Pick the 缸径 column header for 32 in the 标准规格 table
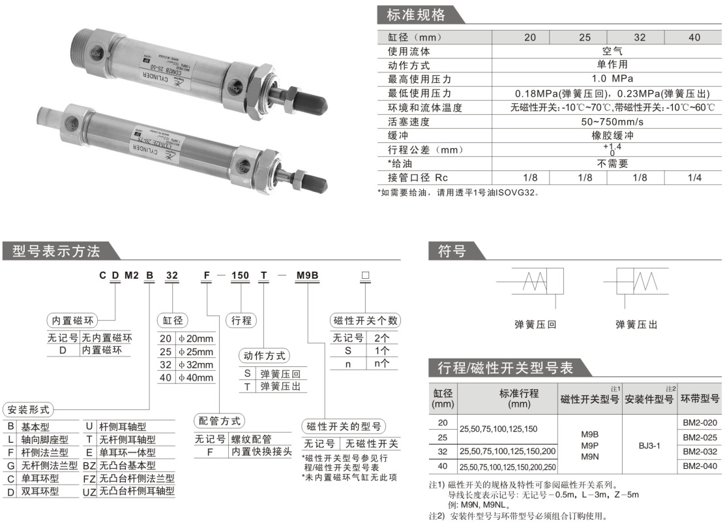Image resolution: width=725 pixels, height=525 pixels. coord(640,37)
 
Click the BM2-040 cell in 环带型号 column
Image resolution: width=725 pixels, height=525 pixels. coord(700,466)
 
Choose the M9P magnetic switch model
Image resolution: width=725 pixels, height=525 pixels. coord(589,445)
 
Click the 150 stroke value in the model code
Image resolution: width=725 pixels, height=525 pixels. coord(241,276)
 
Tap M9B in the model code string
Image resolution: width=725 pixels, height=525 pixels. coord(307,276)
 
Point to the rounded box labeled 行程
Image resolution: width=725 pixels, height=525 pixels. coord(241,320)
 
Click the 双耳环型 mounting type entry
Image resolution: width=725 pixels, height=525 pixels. coord(44,490)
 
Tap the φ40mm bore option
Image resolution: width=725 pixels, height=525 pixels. coord(196,377)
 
